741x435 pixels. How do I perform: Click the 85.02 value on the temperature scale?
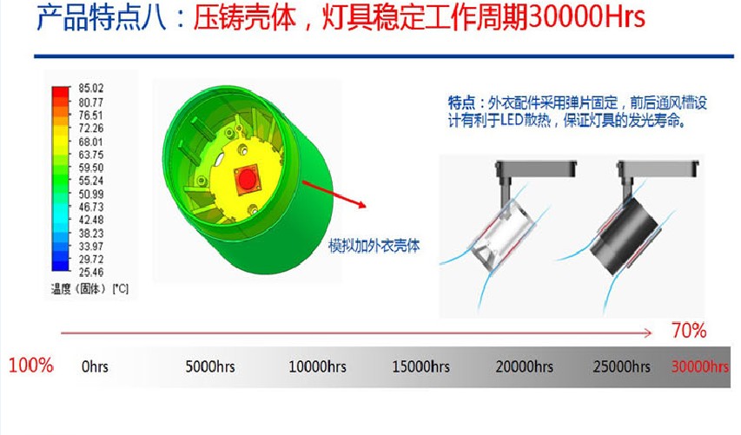[x=90, y=88]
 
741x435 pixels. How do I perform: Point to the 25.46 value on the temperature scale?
[x=90, y=272]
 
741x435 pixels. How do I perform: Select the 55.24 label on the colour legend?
[x=90, y=181]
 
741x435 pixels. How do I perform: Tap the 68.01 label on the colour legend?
[x=90, y=142]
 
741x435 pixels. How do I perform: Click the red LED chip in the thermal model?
[x=247, y=179]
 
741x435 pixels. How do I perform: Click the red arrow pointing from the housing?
[x=334, y=194]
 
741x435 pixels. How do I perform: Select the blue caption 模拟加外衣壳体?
[x=374, y=246]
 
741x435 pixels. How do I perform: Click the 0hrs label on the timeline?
[x=95, y=366]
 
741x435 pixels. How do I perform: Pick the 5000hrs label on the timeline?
[x=210, y=366]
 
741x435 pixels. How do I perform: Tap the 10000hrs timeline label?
[x=317, y=366]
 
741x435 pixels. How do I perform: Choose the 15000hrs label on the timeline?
[x=420, y=366]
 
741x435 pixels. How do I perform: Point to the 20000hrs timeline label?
[x=524, y=366]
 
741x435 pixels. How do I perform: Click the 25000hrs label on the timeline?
[x=621, y=366]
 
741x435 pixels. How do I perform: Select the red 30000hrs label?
[x=700, y=366]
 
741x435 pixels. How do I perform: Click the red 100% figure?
[x=30, y=366]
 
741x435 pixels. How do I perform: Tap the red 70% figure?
[x=689, y=331]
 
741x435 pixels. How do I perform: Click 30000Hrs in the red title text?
[x=586, y=17]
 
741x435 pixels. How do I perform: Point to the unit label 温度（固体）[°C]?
[x=89, y=288]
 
